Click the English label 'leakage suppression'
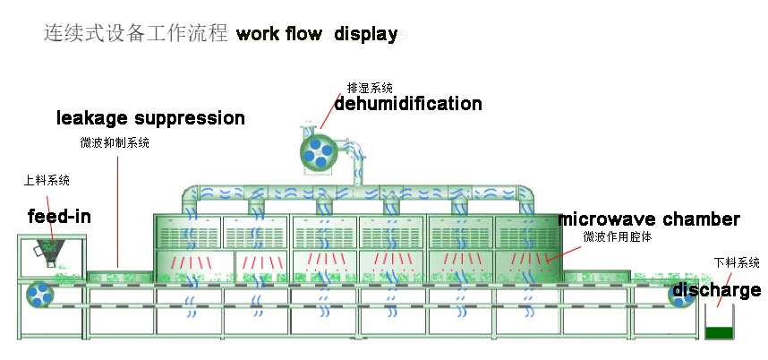tap(150, 118)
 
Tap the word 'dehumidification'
tap(408, 104)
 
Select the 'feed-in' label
tap(59, 216)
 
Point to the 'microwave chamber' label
tap(649, 219)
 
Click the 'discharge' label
tap(716, 290)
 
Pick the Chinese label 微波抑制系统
tap(115, 142)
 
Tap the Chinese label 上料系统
tap(47, 180)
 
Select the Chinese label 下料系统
tap(737, 263)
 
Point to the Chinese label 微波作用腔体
tap(617, 237)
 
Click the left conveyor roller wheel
tap(39, 294)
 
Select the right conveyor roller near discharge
tap(681, 295)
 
